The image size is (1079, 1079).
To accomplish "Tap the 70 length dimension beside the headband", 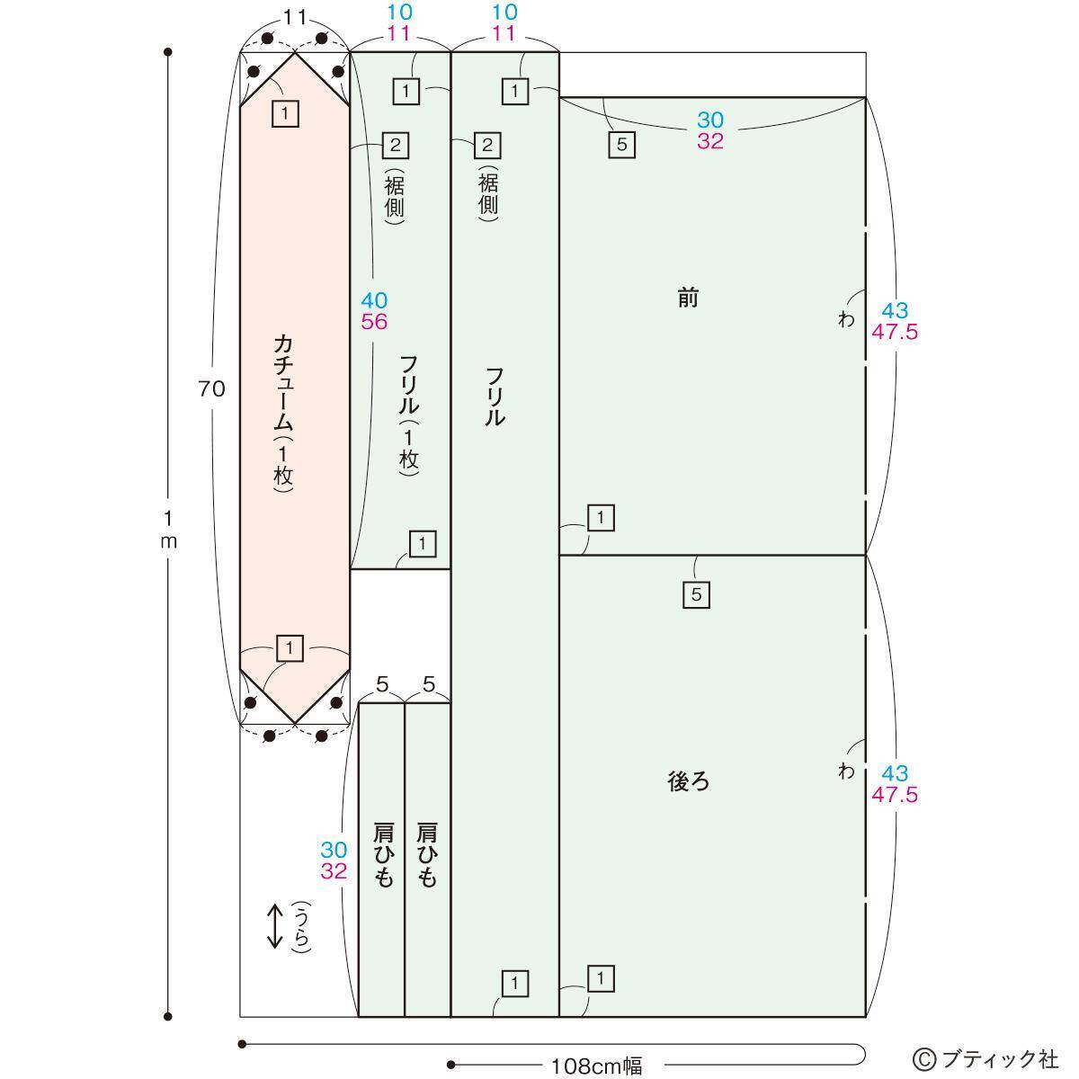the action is [211, 388].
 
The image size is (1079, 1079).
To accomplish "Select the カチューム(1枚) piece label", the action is [284, 414].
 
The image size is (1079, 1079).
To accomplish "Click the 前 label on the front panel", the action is [688, 298].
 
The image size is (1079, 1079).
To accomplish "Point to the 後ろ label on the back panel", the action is [688, 781].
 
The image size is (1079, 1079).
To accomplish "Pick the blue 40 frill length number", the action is [374, 300].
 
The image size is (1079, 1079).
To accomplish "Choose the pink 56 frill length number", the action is [374, 322].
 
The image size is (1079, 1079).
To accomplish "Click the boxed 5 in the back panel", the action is [697, 594].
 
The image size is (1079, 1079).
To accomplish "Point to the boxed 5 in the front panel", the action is [622, 145].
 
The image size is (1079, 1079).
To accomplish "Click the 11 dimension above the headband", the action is [295, 19].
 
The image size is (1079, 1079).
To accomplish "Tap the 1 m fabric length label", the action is [168, 528].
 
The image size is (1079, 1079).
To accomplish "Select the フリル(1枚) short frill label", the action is [409, 415].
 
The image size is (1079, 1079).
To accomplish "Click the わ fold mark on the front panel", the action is [846, 320].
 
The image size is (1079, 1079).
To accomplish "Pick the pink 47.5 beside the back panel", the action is [894, 795].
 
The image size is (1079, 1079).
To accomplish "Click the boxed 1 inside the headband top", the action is [285, 113].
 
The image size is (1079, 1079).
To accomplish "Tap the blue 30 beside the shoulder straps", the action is [334, 850].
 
